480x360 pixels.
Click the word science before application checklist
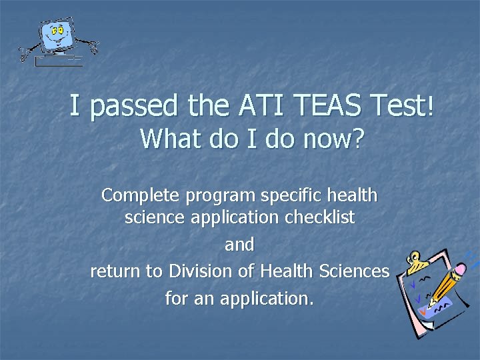[154, 217]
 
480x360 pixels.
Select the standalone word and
[239, 245]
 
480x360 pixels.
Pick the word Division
[199, 271]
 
